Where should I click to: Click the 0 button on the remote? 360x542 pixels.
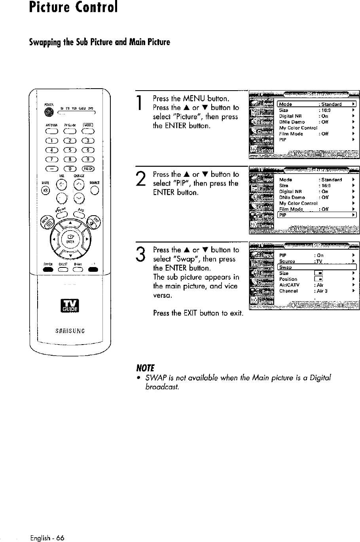69,169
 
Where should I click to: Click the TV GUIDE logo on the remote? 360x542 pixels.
69,305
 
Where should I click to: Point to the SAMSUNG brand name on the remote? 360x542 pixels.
69,331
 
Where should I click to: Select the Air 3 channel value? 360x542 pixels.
321,291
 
